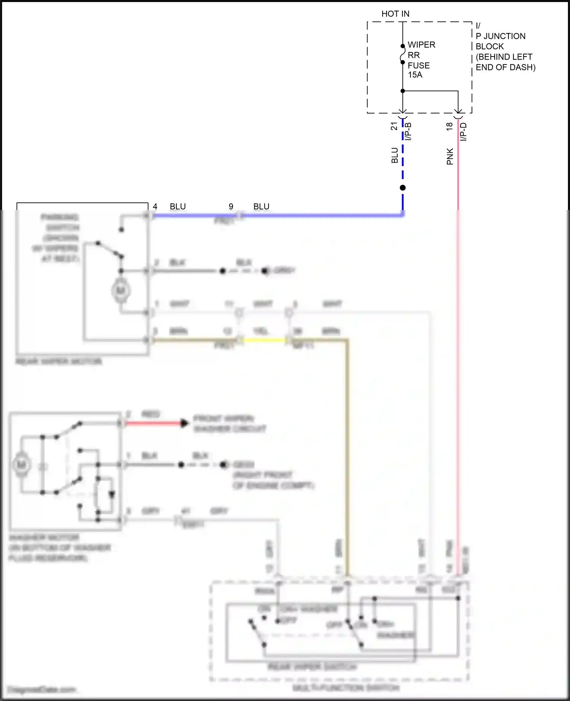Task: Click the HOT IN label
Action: pos(395,14)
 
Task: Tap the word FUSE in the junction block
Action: pos(418,65)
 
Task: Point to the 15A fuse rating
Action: pos(415,75)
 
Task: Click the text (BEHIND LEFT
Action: pos(504,57)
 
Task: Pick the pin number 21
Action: pos(394,126)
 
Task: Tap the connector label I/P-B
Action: pos(408,131)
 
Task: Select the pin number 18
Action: pos(450,126)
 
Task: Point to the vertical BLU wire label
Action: pos(395,156)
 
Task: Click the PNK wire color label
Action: pos(450,156)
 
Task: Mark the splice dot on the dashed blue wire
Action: pos(403,188)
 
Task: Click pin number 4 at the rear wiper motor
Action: pos(155,207)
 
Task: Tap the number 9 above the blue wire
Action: pos(231,207)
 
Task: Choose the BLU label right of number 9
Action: pos(261,207)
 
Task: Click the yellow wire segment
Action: pos(264,340)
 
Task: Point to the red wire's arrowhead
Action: pos(184,423)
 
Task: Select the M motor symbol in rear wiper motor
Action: pos(120,291)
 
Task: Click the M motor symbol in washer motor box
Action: pos(21,464)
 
